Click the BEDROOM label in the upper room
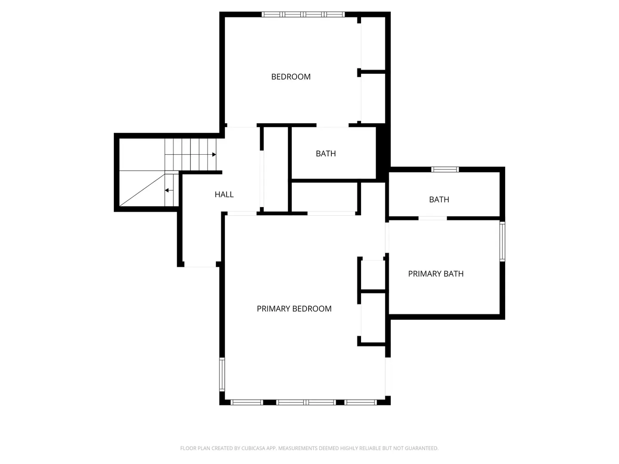coord(291,76)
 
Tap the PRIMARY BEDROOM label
coord(294,309)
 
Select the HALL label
coord(224,194)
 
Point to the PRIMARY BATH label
coord(436,274)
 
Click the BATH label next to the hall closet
coord(326,153)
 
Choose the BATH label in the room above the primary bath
coord(439,199)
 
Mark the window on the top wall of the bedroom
coord(303,14)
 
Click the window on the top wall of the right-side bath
coord(445,169)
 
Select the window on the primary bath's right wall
coord(502,242)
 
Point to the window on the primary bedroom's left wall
coord(222,374)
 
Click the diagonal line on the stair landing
coord(142,190)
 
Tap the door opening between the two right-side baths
coord(432,218)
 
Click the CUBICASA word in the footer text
coord(252,448)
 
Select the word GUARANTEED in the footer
coord(422,448)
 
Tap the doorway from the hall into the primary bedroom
coord(242,214)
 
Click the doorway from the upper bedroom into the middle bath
coord(332,125)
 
